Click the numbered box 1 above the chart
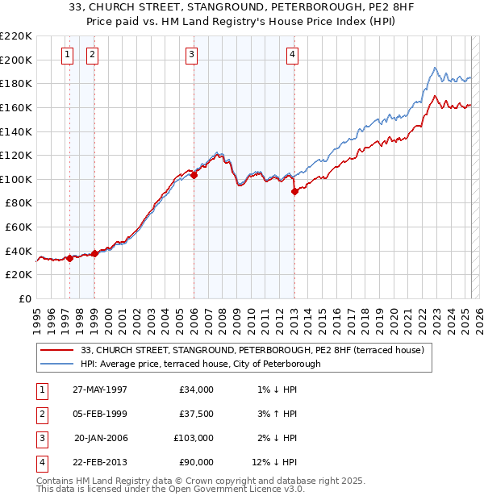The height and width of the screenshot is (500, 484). click(67, 55)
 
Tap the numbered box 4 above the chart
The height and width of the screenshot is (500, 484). click(291, 55)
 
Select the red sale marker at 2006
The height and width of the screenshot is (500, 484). click(194, 175)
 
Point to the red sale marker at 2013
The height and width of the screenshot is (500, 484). click(294, 191)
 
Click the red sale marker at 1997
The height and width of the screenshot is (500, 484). click(70, 258)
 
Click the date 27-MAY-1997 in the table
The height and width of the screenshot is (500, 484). click(100, 390)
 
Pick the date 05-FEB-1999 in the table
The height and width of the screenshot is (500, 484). click(100, 414)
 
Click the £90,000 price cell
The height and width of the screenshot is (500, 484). click(196, 462)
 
